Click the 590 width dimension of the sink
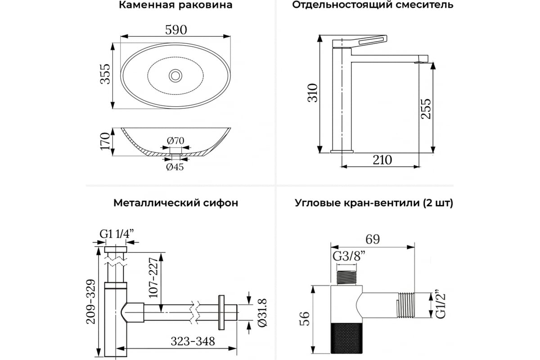[176, 30]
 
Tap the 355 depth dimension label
[105, 74]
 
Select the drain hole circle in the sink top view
[175, 76]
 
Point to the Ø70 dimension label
[175, 140]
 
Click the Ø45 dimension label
[175, 166]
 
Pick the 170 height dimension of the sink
[105, 141]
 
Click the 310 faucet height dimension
[313, 93]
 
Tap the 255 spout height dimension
[426, 108]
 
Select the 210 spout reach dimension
[382, 160]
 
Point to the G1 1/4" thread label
[117, 234]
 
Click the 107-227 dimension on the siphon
[153, 278]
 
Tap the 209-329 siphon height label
[91, 301]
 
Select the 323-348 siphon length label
[193, 342]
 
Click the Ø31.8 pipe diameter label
[262, 313]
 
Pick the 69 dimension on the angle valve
[373, 239]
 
